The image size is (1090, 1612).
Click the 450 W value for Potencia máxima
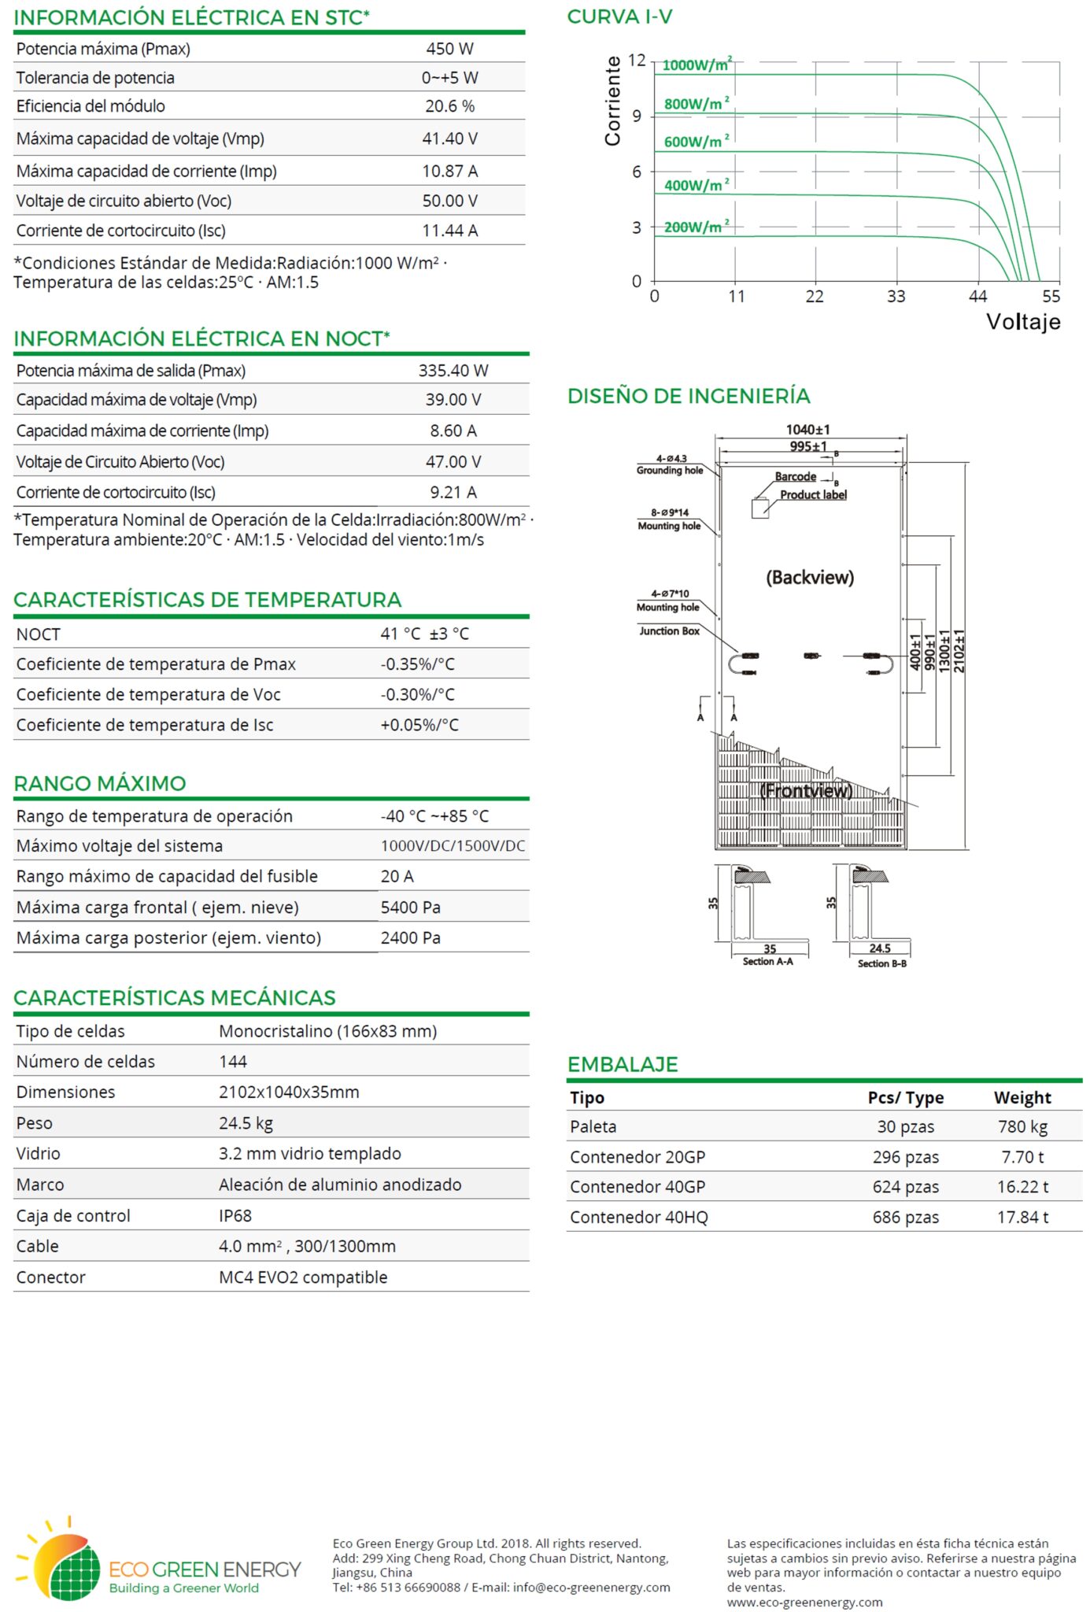(449, 49)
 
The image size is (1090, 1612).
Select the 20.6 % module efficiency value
(449, 106)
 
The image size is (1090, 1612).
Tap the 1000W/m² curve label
(696, 65)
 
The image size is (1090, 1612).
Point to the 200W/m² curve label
(696, 227)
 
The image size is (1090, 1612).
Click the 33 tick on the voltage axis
(896, 297)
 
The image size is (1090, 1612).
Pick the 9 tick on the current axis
(637, 116)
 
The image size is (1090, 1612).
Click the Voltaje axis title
(1023, 322)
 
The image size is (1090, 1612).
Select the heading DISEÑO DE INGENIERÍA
(689, 396)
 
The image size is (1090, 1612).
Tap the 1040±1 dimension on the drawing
(807, 430)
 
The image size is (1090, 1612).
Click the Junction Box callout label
(669, 631)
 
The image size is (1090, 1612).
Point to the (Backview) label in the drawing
(810, 578)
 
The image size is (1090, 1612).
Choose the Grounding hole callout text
(670, 471)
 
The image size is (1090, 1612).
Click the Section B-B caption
(882, 963)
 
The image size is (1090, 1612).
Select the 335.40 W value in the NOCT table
(453, 371)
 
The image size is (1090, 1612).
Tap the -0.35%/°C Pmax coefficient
(417, 664)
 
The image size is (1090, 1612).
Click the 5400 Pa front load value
(410, 908)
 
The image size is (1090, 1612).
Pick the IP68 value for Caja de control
(235, 1216)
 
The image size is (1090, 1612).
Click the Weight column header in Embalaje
(1022, 1098)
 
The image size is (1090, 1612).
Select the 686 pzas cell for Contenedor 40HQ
(905, 1218)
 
